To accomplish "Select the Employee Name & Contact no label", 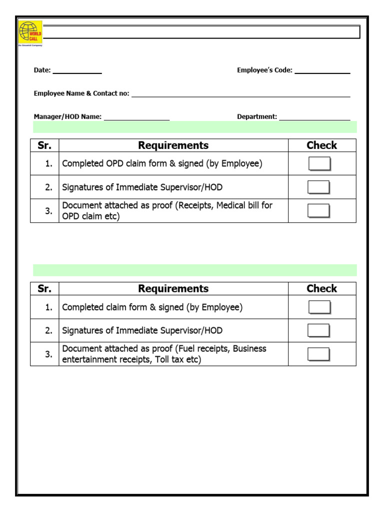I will pyautogui.click(x=81, y=93).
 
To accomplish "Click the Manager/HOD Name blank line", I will pyautogui.click(x=136, y=118).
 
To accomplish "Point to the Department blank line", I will pyautogui.click(x=314, y=118).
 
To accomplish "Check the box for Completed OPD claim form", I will pyautogui.click(x=319, y=163).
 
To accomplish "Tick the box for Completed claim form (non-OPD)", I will pyautogui.click(x=319, y=307).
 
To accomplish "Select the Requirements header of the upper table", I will pyautogui.click(x=173, y=145).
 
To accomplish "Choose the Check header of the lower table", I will pyautogui.click(x=321, y=288).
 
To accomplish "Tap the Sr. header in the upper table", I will pyautogui.click(x=44, y=145).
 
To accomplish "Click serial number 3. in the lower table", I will pyautogui.click(x=48, y=354).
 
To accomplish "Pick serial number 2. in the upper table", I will pyautogui.click(x=48, y=187).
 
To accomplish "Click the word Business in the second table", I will pyautogui.click(x=249, y=348).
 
